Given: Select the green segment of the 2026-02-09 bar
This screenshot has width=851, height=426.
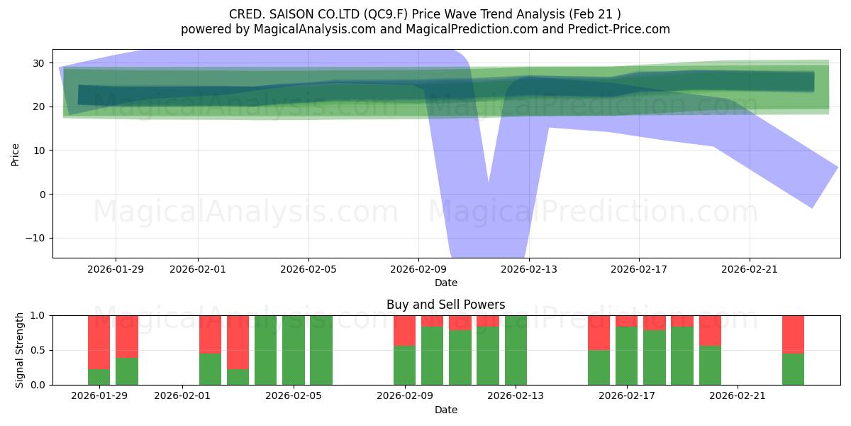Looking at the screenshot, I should click(x=404, y=365).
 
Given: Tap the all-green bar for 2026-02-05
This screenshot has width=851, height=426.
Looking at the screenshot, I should click(x=294, y=350).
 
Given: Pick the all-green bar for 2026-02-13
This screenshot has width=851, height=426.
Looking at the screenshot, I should click(x=516, y=350).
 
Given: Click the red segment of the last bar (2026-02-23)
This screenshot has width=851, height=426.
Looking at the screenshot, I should click(x=793, y=334).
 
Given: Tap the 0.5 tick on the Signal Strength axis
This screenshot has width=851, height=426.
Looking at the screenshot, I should click(x=38, y=350).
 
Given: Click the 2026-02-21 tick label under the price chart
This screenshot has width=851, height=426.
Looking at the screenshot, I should click(x=750, y=269).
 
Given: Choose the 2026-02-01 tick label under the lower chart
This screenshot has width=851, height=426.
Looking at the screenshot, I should click(x=183, y=395).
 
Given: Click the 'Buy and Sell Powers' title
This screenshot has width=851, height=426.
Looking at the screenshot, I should click(x=446, y=305).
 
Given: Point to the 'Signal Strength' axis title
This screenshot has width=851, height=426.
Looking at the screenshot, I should click(x=20, y=349).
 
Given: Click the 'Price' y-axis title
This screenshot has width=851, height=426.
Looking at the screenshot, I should click(x=15, y=154).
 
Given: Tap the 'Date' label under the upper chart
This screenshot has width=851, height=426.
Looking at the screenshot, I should click(x=446, y=283).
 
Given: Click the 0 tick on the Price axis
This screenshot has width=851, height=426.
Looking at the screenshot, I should click(x=41, y=194).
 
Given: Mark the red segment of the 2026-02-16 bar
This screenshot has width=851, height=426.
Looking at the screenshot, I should click(x=599, y=332).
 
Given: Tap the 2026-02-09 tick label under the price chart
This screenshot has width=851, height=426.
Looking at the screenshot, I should click(x=418, y=269).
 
